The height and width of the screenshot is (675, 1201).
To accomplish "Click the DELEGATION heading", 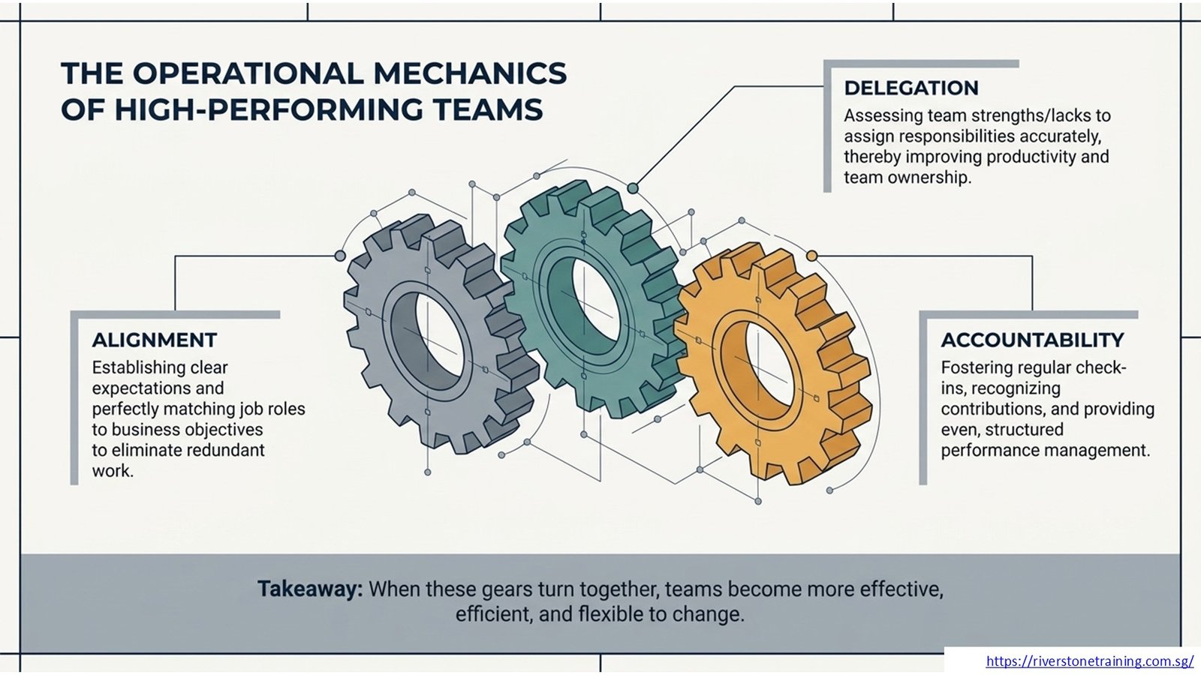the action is (x=911, y=88).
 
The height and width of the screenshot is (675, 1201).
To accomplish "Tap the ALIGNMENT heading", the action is (x=155, y=340).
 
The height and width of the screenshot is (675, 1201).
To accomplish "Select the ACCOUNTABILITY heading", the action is (x=1032, y=340).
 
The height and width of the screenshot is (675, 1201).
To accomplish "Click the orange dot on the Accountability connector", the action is (x=811, y=256).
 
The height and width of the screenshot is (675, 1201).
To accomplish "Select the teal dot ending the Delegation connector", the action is (x=633, y=188).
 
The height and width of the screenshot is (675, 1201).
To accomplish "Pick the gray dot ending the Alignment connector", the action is (x=340, y=256).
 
